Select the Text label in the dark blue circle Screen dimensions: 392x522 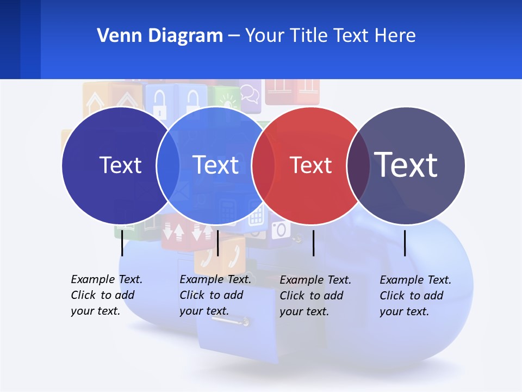pyautogui.click(x=120, y=165)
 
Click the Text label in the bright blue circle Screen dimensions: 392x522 pyautogui.click(x=216, y=165)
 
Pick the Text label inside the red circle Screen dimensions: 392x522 pyautogui.click(x=310, y=165)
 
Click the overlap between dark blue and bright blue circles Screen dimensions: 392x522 pyautogui.click(x=168, y=166)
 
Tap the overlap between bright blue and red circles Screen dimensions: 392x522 pyautogui.click(x=263, y=166)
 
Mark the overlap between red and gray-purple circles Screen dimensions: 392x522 pyautogui.click(x=358, y=166)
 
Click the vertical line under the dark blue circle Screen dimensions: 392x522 pyautogui.click(x=122, y=243)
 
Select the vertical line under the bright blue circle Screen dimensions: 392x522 pyautogui.click(x=217, y=243)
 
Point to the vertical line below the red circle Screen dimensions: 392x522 pyautogui.click(x=314, y=243)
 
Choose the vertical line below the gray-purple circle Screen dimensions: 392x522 pyautogui.click(x=405, y=243)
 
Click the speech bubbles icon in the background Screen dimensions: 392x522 pyautogui.click(x=250, y=93)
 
